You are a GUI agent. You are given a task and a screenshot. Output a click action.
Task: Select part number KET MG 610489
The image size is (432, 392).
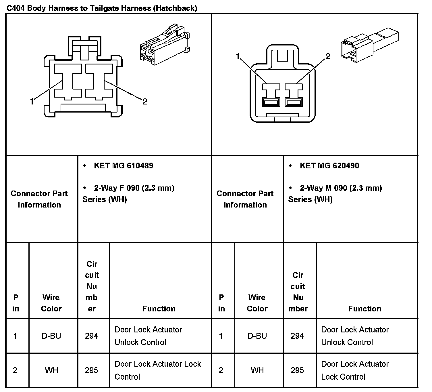click(x=124, y=166)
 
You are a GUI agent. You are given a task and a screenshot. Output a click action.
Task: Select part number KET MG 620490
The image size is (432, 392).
click(x=329, y=166)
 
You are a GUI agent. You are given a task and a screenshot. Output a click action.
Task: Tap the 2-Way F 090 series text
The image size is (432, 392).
click(x=128, y=193)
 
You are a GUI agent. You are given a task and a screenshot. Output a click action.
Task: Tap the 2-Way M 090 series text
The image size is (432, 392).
click(x=335, y=193)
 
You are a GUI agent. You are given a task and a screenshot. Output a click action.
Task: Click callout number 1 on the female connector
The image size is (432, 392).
click(x=32, y=101)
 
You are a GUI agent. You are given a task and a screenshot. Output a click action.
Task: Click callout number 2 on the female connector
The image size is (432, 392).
click(x=145, y=101)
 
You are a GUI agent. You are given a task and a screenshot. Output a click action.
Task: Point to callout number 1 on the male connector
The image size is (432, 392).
click(x=238, y=56)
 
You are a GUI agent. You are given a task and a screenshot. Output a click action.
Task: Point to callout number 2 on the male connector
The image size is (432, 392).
click(x=328, y=56)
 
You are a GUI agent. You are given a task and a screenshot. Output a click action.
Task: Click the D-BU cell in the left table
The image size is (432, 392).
click(x=51, y=336)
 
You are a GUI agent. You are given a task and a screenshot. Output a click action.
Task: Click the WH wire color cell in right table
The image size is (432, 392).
click(x=257, y=370)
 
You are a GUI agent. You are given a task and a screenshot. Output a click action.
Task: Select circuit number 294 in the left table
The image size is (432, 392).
click(x=91, y=336)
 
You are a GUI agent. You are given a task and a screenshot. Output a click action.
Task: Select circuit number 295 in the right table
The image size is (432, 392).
click(x=297, y=370)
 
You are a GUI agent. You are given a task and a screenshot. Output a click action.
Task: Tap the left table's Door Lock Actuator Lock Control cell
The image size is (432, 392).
click(x=157, y=370)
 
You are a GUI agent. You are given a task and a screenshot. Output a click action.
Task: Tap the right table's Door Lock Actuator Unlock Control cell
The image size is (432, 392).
click(x=355, y=336)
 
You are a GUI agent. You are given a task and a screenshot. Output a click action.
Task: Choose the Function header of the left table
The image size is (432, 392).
click(x=159, y=309)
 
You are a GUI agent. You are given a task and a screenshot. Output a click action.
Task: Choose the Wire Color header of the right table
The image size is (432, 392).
click(x=257, y=303)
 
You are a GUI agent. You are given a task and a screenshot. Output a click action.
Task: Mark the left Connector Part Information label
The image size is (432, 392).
click(x=39, y=199)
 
